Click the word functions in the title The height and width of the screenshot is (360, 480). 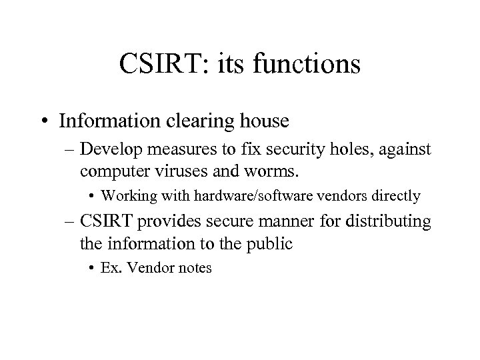[307, 65]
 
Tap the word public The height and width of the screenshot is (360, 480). [269, 243]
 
